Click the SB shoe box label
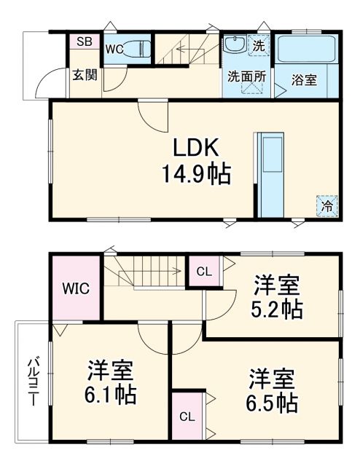tap(84, 42)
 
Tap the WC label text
tap(114, 50)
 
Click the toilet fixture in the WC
tap(136, 50)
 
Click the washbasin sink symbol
tap(235, 45)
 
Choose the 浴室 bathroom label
tap(305, 79)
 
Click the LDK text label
tap(195, 147)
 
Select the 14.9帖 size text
tap(195, 174)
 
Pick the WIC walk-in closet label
tap(76, 288)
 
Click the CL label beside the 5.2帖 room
tap(205, 272)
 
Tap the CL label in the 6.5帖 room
tap(187, 417)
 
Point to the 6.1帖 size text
tap(110, 395)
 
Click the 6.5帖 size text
tap(273, 401)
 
